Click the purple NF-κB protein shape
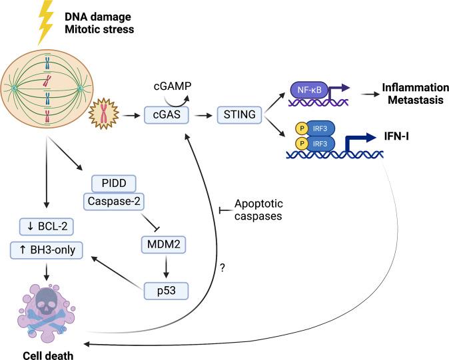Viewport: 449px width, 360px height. pos(307,87)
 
